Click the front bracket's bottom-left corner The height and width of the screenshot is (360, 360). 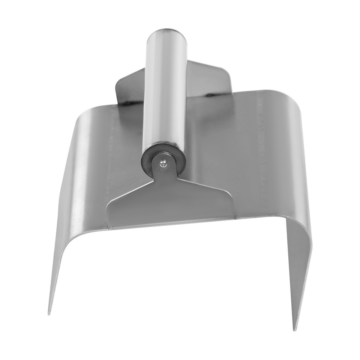point(109,227)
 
